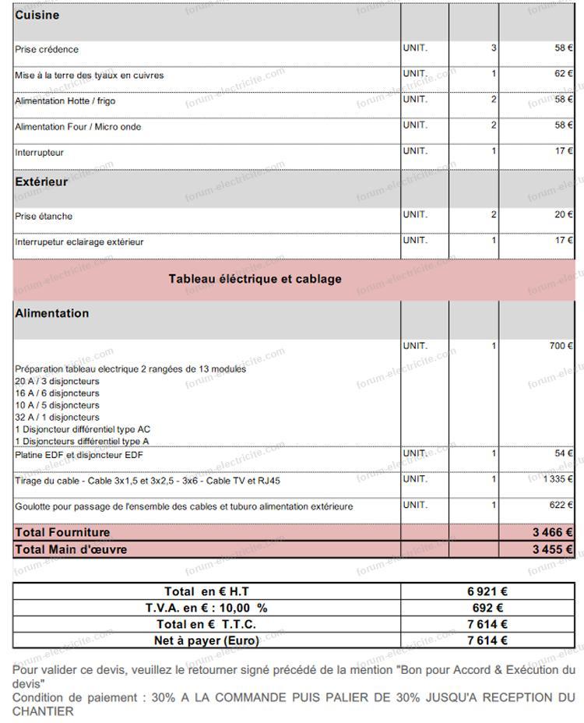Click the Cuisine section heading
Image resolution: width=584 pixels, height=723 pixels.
(x=37, y=16)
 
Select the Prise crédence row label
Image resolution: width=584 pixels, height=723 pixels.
(x=47, y=50)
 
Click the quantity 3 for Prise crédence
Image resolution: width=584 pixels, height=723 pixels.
(x=494, y=48)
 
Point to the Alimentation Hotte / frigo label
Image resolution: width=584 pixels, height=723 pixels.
(x=65, y=101)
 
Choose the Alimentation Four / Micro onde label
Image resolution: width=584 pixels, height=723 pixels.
(x=78, y=127)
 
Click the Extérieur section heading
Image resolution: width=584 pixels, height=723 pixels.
(x=41, y=182)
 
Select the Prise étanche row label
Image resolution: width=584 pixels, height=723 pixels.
(x=44, y=217)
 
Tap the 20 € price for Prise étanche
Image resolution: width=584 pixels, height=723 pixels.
(x=564, y=215)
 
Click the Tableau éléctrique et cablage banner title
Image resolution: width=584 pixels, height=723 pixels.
(x=255, y=279)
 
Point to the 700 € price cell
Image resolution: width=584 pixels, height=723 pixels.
(x=561, y=346)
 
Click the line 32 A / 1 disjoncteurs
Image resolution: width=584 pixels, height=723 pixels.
(x=57, y=418)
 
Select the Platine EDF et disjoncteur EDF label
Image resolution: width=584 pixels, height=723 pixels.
(x=79, y=455)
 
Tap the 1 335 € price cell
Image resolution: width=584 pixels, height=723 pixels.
(x=558, y=479)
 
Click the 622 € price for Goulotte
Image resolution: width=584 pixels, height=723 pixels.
(x=561, y=505)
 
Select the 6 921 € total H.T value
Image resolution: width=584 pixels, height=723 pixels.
(x=487, y=592)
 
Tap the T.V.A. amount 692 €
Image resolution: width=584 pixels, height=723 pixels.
(x=487, y=608)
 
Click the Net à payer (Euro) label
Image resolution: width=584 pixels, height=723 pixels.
(x=206, y=641)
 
